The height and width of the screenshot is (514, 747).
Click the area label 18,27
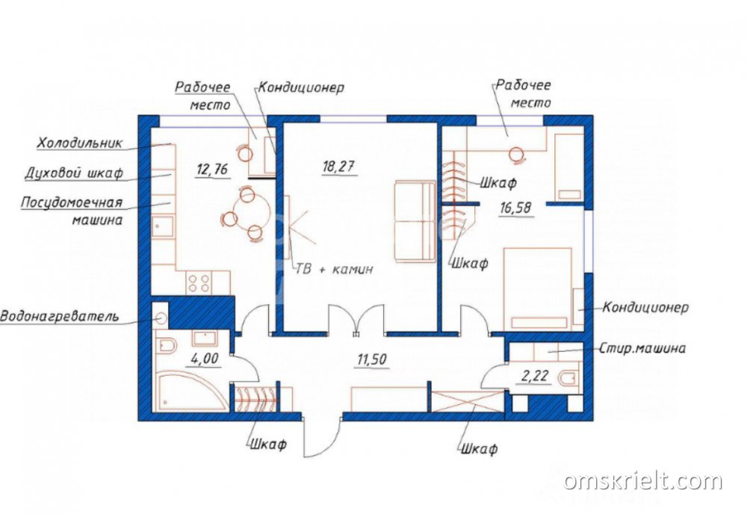point(338,167)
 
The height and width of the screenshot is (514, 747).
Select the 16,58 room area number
point(515,208)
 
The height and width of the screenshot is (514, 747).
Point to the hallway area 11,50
point(372,359)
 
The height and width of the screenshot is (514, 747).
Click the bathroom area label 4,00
point(205,358)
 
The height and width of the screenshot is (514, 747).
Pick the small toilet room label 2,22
point(535,377)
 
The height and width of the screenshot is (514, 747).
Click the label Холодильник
point(80,143)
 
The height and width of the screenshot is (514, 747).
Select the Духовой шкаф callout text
point(74,173)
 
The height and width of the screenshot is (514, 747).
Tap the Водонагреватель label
point(59,316)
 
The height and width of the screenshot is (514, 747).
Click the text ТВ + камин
point(335,269)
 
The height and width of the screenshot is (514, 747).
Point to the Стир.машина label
point(642,348)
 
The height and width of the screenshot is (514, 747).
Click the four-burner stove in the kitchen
point(199,283)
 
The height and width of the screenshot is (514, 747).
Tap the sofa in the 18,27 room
point(415,221)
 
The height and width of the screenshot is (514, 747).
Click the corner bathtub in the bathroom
point(190,392)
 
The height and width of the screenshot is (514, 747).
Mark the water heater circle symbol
point(161,318)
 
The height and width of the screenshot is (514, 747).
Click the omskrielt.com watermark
point(642,481)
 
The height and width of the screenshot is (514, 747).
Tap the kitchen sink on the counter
point(164,227)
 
